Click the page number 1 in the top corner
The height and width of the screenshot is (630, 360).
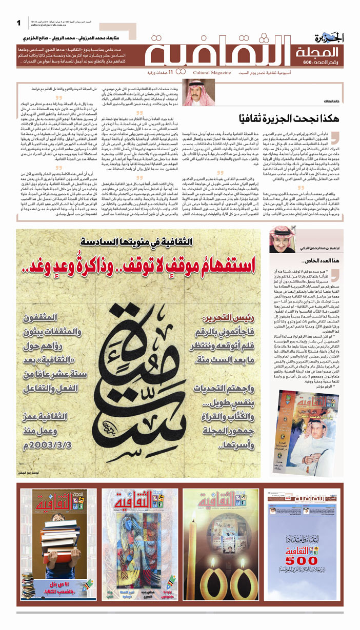click(x=18, y=23)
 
